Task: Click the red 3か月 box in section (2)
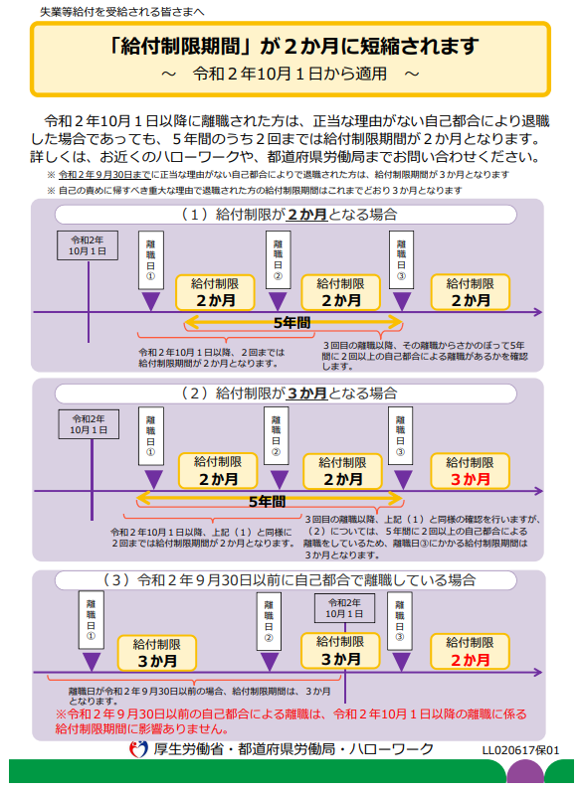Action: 470,471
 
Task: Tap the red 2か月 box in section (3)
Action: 470,652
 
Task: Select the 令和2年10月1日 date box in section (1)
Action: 88,245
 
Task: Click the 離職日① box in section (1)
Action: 150,260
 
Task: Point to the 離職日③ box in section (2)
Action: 401,436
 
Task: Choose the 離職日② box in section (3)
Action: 269,621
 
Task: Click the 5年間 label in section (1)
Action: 291,323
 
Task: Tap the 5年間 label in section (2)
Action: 267,502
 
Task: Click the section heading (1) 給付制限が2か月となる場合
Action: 290,215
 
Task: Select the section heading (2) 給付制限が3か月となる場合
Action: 290,393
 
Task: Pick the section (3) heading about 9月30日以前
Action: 290,580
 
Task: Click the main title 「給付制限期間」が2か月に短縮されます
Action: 293,46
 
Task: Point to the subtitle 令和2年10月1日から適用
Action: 290,74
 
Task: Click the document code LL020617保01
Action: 521,750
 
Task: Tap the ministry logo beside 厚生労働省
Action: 138,749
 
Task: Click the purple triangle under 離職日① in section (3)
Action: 91,662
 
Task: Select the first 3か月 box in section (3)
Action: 157,653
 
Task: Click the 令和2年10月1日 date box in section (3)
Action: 344,608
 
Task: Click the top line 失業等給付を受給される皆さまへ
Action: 121,12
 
